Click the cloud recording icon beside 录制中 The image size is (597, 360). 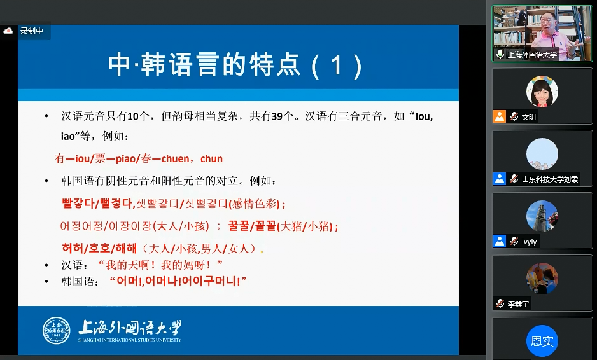8,31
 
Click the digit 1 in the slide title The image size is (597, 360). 336,65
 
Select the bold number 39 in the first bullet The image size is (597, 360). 277,116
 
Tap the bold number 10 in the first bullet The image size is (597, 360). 133,116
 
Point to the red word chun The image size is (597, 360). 211,158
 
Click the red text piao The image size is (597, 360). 125,158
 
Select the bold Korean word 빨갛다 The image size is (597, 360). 78,203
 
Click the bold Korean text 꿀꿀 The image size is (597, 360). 238,226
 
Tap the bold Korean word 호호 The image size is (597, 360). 99,249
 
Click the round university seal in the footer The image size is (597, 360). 57,330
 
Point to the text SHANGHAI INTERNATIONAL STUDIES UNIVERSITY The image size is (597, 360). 130,340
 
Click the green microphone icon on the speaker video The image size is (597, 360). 500,54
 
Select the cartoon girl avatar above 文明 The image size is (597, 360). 542,92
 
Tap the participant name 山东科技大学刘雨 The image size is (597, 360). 550,179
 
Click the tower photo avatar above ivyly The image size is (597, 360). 542,216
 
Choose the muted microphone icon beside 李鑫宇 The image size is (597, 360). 500,303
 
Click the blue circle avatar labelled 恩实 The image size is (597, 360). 542,341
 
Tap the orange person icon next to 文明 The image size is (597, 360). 500,116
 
